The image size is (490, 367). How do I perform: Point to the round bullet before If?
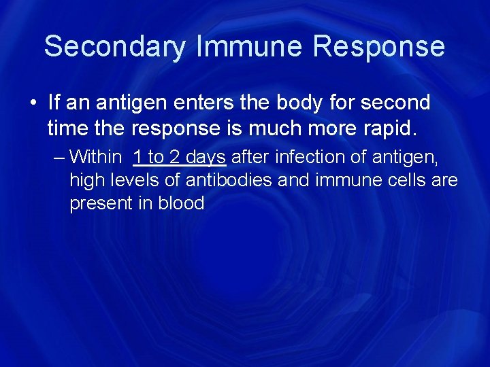33,103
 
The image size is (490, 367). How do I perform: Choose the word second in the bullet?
395,103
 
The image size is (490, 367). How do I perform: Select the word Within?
95,158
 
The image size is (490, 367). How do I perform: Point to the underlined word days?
206,158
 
